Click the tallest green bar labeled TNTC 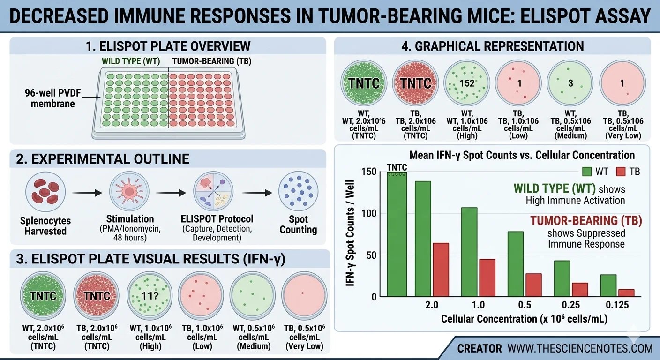[397, 234]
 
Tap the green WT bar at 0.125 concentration [608, 285]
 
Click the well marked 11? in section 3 [149, 295]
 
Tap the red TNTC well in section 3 [97, 295]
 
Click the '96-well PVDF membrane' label [52, 98]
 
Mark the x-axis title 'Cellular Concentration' [524, 319]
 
